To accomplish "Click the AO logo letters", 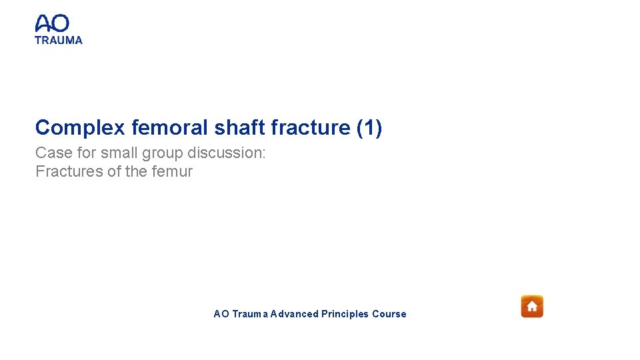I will [52, 24].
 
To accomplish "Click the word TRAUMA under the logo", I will [59, 40].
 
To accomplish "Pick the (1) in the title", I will [369, 127].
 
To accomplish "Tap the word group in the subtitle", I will [164, 153].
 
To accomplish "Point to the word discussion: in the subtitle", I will [227, 153].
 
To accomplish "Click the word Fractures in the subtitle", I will [69, 171].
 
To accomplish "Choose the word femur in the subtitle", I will [172, 171].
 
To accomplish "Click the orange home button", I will [532, 306].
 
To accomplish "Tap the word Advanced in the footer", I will [294, 314].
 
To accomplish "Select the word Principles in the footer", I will [345, 314].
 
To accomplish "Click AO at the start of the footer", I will [221, 314].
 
